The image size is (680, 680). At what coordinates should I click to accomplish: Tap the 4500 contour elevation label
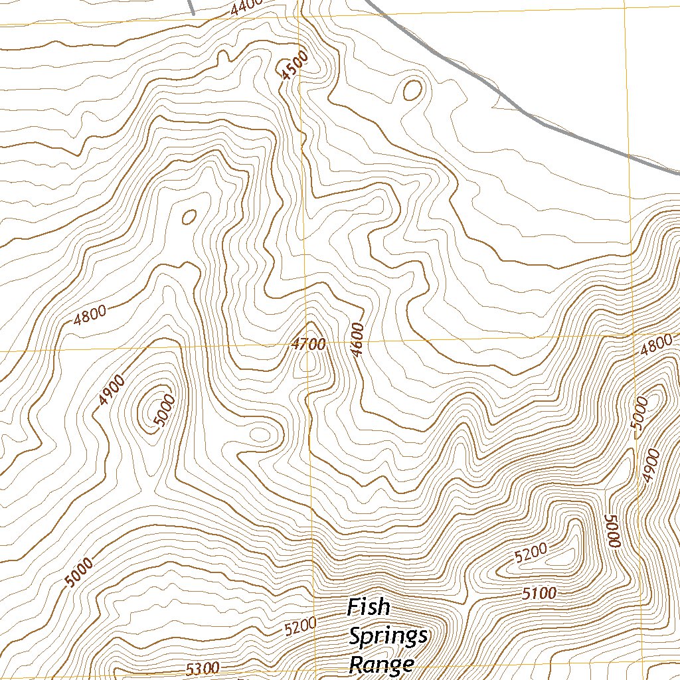tap(294, 66)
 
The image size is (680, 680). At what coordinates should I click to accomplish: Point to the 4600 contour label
tap(358, 340)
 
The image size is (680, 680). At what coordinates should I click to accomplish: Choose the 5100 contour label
tap(539, 594)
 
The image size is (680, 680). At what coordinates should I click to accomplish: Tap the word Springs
tap(388, 636)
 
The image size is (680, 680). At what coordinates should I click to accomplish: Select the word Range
tap(382, 663)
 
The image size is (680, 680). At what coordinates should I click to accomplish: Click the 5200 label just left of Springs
tap(300, 626)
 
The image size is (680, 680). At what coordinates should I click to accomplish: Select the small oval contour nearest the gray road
tap(412, 90)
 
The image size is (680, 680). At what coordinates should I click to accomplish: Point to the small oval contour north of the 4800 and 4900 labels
tap(189, 216)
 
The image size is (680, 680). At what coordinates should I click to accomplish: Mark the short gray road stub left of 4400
tap(191, 7)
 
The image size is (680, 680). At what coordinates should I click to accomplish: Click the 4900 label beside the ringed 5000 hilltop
tap(111, 390)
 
